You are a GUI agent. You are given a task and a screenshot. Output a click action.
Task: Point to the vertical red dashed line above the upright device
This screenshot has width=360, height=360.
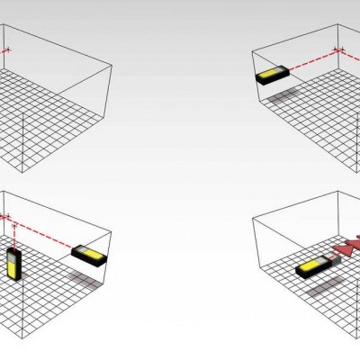point(8,231)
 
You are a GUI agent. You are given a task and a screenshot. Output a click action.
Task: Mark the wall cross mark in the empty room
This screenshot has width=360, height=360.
point(8,50)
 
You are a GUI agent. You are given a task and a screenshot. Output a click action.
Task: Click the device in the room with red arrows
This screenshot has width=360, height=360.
point(310,268)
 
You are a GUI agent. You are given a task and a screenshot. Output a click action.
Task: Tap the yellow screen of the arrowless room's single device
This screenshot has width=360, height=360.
point(268,76)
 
